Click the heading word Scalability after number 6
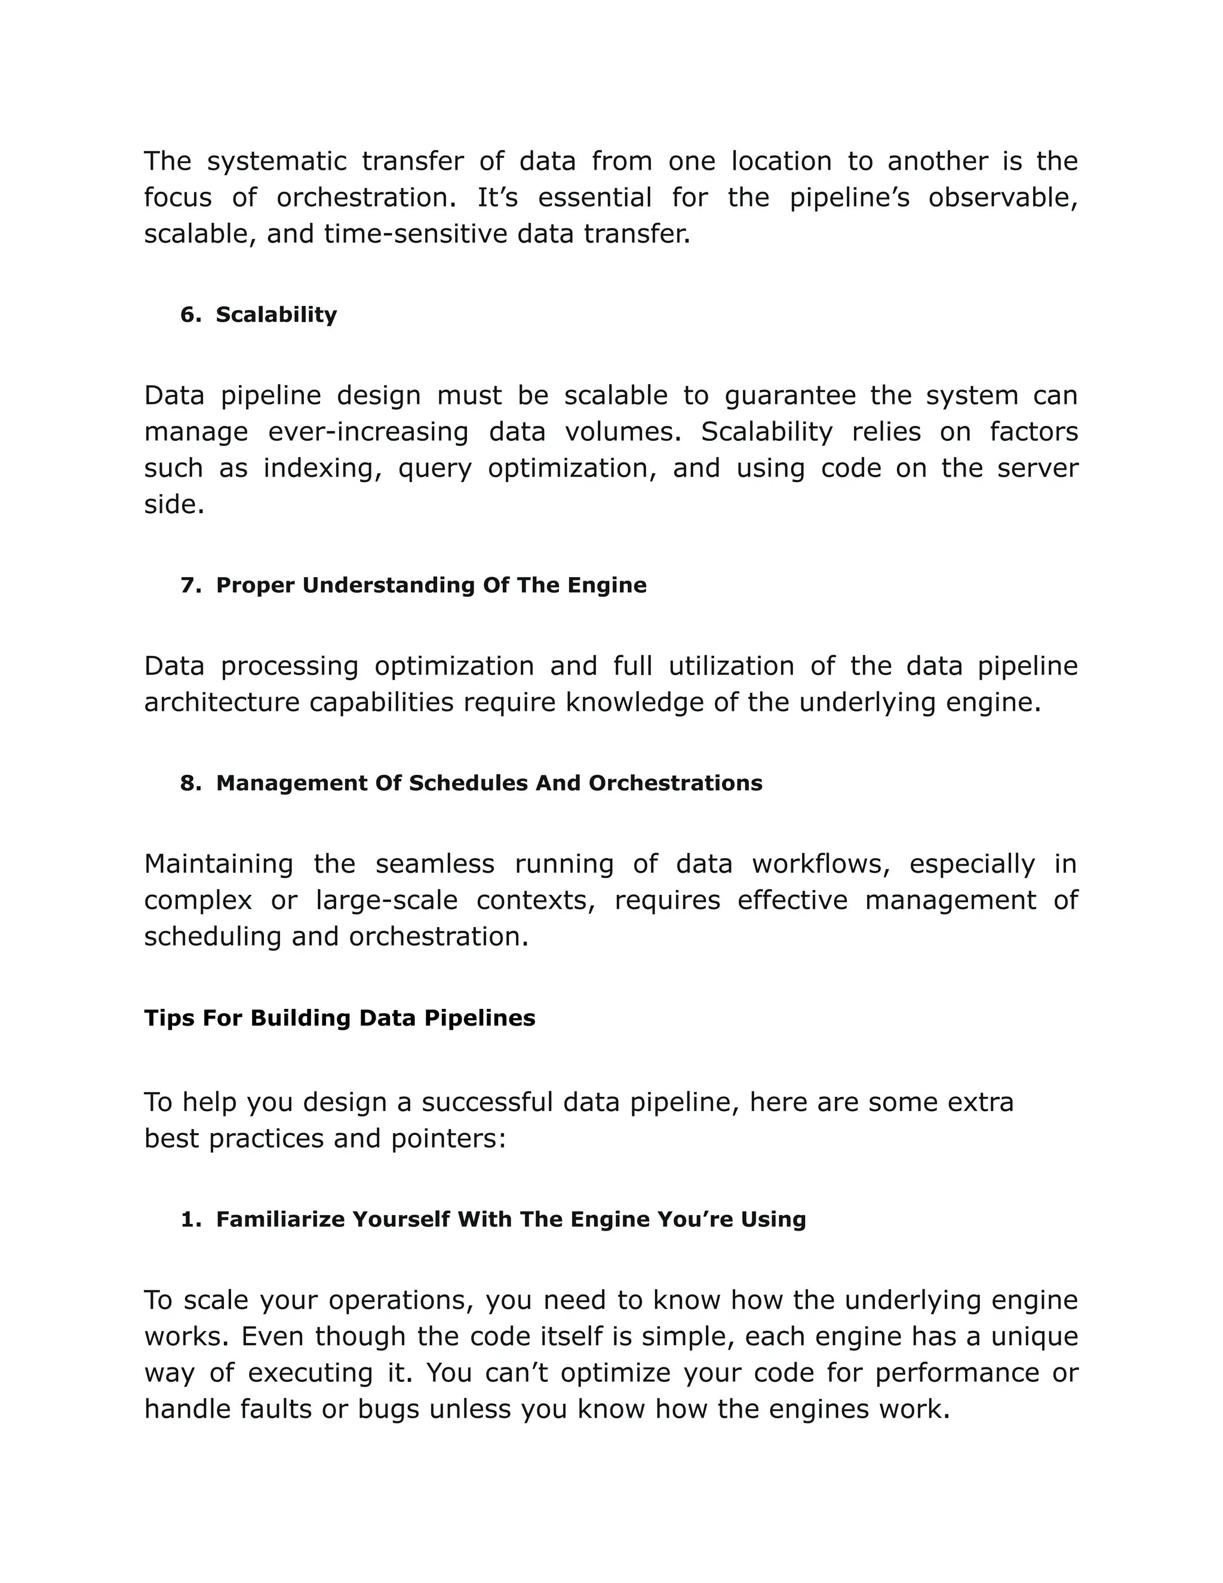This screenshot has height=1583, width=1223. tap(276, 315)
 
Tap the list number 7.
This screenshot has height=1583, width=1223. tap(189, 585)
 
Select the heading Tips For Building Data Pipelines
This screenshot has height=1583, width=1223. tap(339, 1018)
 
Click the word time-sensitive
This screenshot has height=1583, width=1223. tap(415, 234)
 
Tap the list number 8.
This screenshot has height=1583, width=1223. tap(189, 783)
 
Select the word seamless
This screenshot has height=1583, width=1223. tap(435, 863)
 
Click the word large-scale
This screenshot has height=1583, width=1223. tap(387, 900)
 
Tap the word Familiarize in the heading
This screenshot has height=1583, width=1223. tap(281, 1219)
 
